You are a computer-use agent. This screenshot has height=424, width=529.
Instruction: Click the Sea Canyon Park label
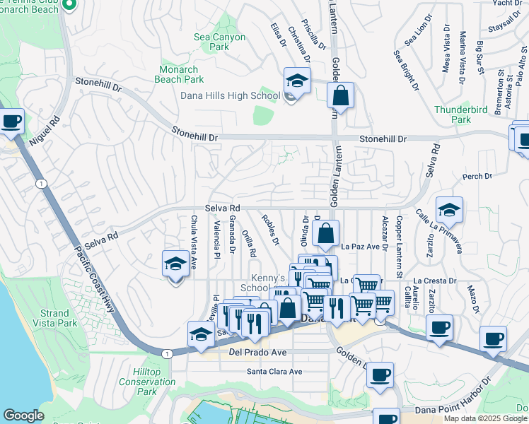pos(220,42)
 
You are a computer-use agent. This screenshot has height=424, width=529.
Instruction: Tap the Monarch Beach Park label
pos(179,75)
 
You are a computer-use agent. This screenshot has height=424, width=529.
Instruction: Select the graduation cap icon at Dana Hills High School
pos(297,81)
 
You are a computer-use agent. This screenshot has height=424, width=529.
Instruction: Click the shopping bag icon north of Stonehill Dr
pos(340,97)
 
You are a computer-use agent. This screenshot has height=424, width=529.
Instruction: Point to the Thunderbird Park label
pos(452,114)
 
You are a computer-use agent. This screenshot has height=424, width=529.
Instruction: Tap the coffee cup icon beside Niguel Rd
pos(11,122)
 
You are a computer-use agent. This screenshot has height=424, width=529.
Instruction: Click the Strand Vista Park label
pos(54,318)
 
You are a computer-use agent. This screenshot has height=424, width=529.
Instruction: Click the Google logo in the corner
pos(23,416)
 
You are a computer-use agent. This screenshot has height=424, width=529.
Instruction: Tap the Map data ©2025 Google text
pos(485,418)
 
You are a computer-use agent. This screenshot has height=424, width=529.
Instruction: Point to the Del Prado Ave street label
pos(257,351)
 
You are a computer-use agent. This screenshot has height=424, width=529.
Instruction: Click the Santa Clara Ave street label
pos(274,371)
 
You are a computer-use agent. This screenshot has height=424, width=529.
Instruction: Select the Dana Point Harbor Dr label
pos(453,399)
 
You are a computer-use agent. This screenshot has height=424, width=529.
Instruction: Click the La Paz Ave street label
pos(357,247)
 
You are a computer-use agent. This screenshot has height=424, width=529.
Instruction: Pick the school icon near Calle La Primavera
pos(448,210)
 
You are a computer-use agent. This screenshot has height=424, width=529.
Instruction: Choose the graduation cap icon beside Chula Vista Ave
pos(176,264)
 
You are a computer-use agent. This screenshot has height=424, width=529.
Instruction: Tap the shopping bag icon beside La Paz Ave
pos(325,234)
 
